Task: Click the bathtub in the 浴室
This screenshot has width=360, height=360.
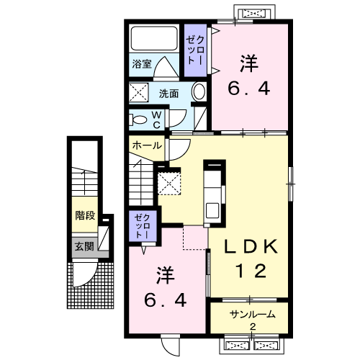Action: (154, 38)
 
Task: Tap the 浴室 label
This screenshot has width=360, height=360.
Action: (142, 64)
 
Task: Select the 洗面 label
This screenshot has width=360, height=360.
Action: (168, 94)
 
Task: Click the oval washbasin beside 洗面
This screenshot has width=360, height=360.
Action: (199, 91)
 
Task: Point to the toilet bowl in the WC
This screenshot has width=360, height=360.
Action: (138, 120)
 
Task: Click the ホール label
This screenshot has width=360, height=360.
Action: (147, 145)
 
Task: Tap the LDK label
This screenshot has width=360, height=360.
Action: (251, 246)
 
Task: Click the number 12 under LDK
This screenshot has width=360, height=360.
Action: (251, 271)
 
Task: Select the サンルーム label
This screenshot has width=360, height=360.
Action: (252, 315)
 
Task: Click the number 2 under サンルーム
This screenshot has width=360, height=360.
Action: (253, 327)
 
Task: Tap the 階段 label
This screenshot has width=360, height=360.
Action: (85, 215)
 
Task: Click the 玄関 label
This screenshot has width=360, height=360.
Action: (84, 246)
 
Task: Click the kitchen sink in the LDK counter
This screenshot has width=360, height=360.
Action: (212, 210)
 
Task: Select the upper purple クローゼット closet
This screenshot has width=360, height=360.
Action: (195, 50)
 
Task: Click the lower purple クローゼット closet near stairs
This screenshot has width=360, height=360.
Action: (143, 226)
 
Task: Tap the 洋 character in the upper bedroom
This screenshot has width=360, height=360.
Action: (249, 63)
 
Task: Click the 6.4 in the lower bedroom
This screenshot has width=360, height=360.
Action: (166, 300)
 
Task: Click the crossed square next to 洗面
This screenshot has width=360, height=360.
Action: (139, 92)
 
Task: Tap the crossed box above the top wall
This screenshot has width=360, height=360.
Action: (254, 13)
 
